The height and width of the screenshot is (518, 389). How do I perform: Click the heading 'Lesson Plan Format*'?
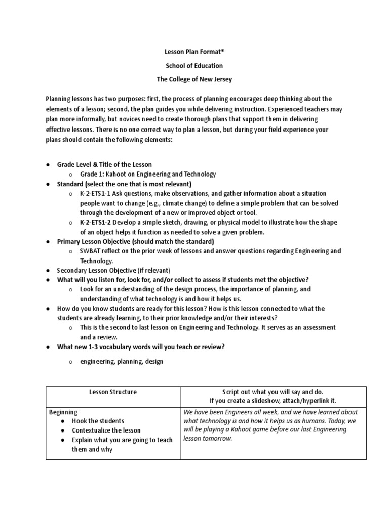[194, 53]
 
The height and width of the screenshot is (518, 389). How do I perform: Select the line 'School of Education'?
[194, 66]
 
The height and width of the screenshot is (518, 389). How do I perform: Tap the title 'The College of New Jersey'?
[194, 79]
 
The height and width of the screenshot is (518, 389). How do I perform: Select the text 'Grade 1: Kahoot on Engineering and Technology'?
[147, 174]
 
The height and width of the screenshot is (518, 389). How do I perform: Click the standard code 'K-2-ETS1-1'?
[97, 194]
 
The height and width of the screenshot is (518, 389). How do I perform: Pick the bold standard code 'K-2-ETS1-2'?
[97, 223]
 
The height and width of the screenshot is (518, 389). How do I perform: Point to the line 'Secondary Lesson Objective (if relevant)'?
[113, 270]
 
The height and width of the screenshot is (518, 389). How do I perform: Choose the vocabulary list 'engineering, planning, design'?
[122, 362]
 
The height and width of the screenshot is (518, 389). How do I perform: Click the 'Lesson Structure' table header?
[112, 392]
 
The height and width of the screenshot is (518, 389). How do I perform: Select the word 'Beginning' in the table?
[63, 412]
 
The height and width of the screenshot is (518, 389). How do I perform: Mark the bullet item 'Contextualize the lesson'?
[106, 430]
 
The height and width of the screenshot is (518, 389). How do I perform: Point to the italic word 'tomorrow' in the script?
[215, 439]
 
